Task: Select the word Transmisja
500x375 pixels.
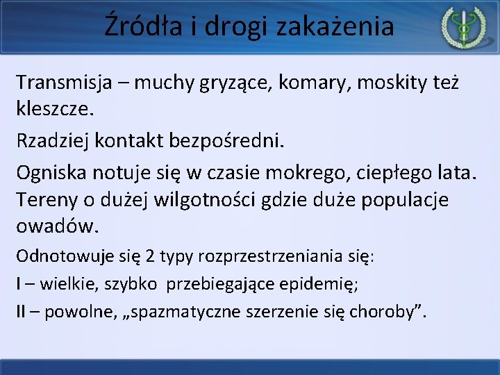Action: coord(69,83)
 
